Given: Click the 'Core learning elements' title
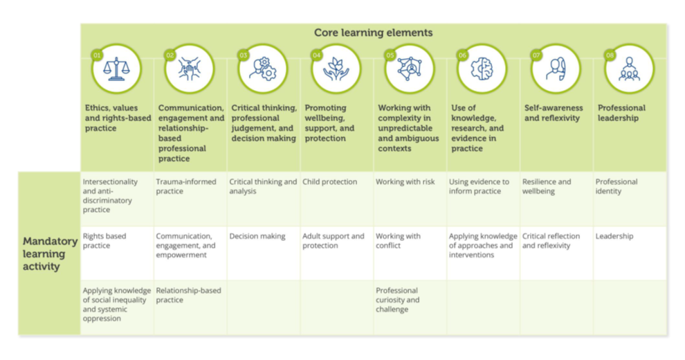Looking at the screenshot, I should tap(373, 33).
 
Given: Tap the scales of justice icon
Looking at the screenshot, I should tap(116, 69).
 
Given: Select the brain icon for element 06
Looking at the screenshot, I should tap(482, 69).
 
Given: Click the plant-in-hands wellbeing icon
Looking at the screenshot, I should tap(336, 69).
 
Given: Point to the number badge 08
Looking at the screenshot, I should tap(609, 54).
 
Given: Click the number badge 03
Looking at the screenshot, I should tap(243, 54).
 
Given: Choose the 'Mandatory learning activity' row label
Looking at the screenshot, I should tap(49, 253).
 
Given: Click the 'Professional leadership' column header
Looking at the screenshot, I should tap(621, 113).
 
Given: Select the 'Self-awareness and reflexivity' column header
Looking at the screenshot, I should tap(554, 113).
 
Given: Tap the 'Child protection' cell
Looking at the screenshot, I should tap(330, 182).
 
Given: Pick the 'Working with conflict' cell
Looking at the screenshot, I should tap(398, 241).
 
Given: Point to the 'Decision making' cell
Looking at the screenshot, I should tap(257, 236).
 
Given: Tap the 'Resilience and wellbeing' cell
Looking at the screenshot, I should tap(547, 187).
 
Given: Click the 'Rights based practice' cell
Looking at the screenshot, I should tap(104, 241).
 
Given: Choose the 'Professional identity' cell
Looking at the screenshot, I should tap(617, 187).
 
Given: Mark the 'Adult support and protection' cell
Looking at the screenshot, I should tap(334, 241).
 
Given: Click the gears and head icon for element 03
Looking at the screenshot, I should tap(262, 69).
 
